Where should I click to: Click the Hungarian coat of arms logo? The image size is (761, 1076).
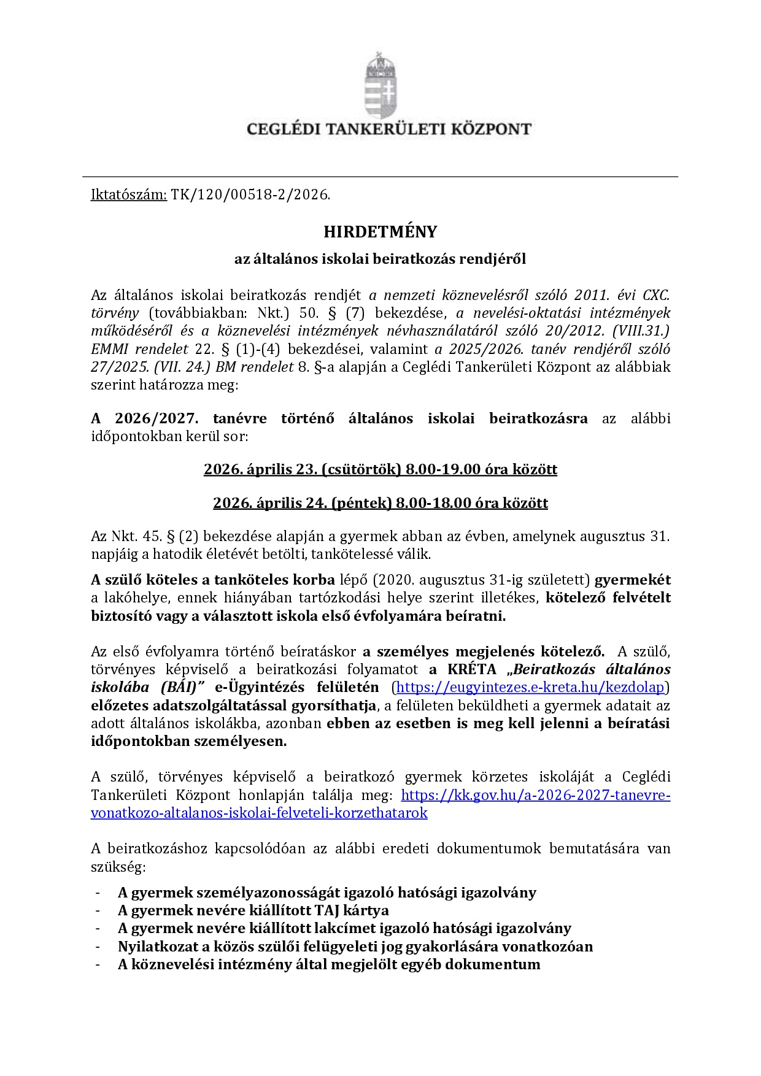[x=381, y=86]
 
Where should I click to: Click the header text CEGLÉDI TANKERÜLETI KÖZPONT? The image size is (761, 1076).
[x=388, y=129]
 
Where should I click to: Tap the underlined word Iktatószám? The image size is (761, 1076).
[x=129, y=195]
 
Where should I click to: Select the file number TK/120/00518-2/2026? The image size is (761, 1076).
[x=250, y=195]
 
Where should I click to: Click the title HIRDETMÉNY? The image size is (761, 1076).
[x=381, y=232]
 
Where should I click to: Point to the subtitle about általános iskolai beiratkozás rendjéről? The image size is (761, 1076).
[x=381, y=259]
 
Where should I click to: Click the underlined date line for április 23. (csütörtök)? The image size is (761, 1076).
[x=381, y=470]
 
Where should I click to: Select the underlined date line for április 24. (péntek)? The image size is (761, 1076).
[x=381, y=504]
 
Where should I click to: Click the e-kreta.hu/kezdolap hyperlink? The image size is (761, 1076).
[x=531, y=687]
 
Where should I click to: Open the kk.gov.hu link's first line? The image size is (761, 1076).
[x=535, y=796]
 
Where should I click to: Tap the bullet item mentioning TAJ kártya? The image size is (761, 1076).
[x=253, y=910]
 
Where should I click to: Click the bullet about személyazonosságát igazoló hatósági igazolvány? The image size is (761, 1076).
[x=326, y=893]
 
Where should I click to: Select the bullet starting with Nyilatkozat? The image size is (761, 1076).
[x=355, y=947]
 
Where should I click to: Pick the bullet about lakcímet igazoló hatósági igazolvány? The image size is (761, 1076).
[x=344, y=929]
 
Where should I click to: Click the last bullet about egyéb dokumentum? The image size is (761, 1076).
[x=329, y=964]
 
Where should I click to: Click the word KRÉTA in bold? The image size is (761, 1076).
[x=471, y=669]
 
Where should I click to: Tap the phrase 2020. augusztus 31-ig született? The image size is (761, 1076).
[x=481, y=580]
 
